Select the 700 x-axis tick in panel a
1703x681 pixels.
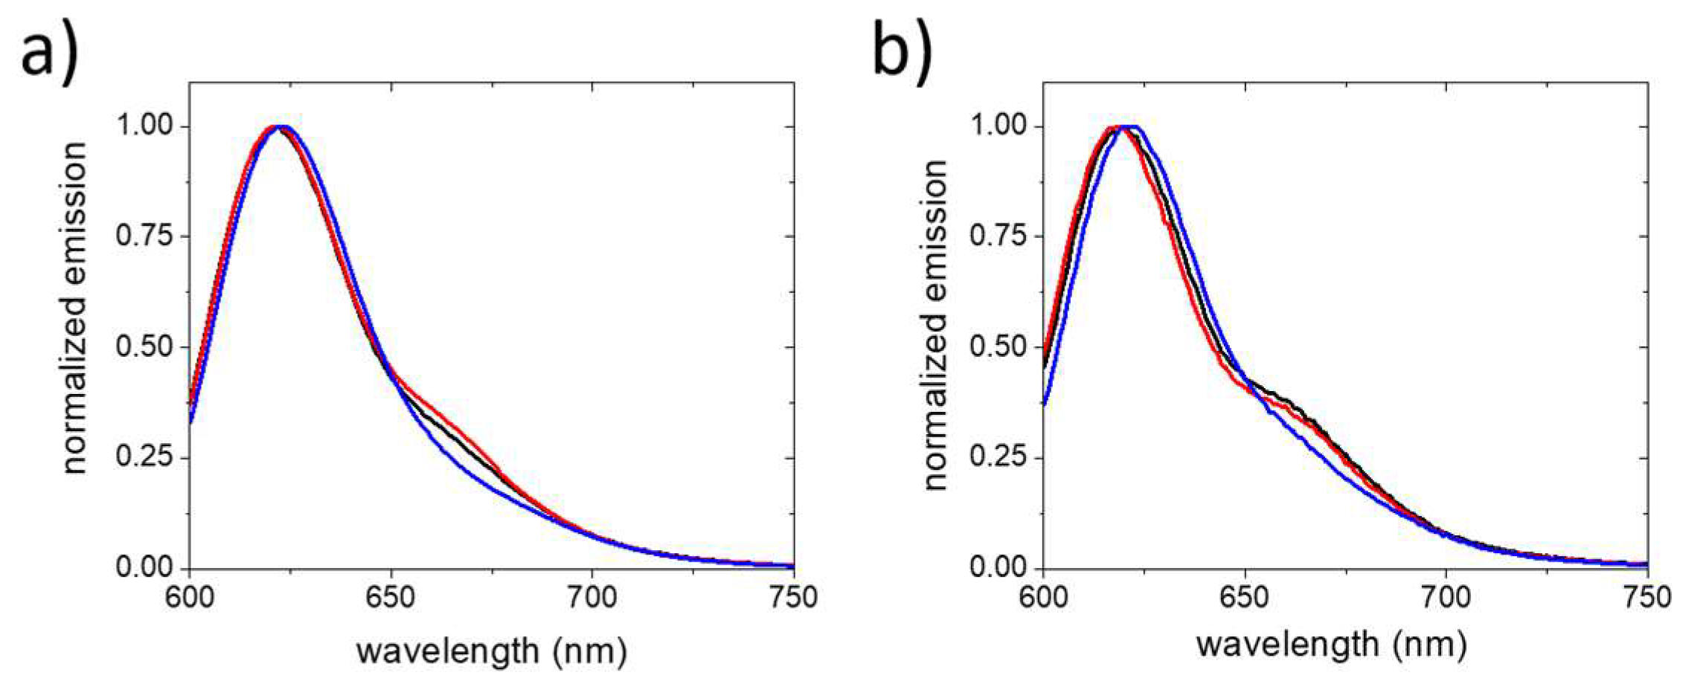[592, 597]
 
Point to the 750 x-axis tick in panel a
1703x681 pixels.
[792, 597]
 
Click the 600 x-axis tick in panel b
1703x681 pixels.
[1043, 597]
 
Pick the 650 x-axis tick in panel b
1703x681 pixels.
[1245, 597]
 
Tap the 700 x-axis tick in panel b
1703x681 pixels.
[1446, 597]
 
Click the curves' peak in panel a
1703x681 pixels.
[279, 126]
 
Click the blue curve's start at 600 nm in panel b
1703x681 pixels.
[1045, 404]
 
